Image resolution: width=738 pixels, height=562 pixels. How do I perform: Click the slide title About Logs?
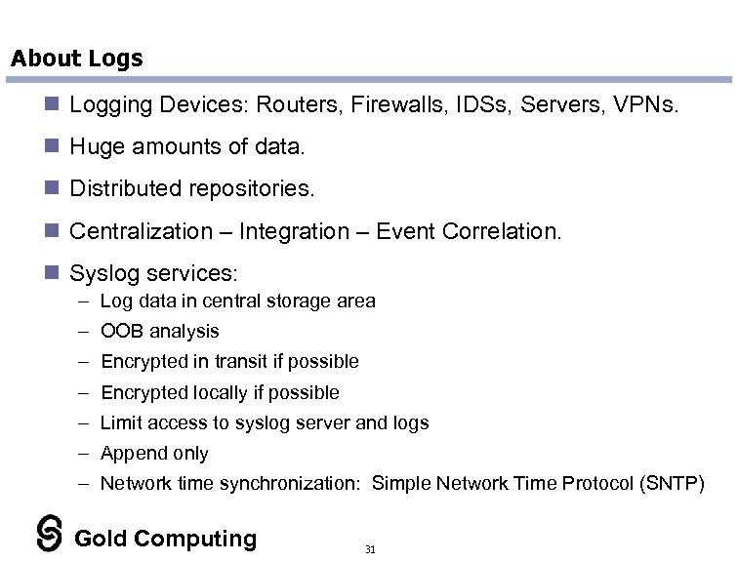(76, 59)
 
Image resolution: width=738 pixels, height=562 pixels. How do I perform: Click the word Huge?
(97, 147)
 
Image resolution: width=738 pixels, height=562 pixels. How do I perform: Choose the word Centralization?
(141, 231)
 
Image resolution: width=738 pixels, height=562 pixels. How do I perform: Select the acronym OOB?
(120, 331)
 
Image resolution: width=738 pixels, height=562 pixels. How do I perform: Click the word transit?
(233, 361)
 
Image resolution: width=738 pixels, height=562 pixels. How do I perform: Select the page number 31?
(369, 550)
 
